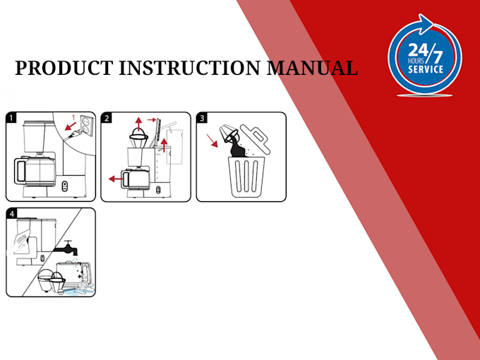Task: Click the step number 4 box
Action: click(x=12, y=213)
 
